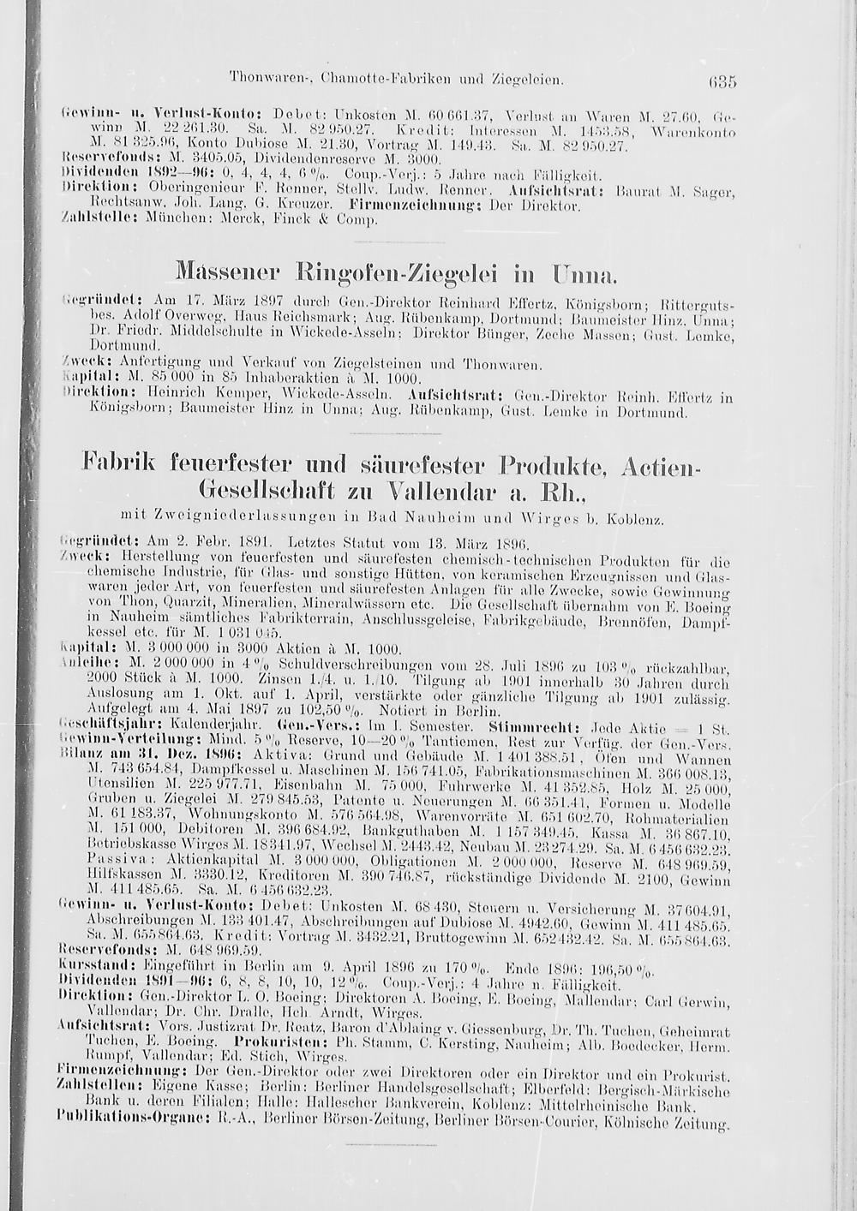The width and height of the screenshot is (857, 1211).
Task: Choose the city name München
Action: (171, 219)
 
